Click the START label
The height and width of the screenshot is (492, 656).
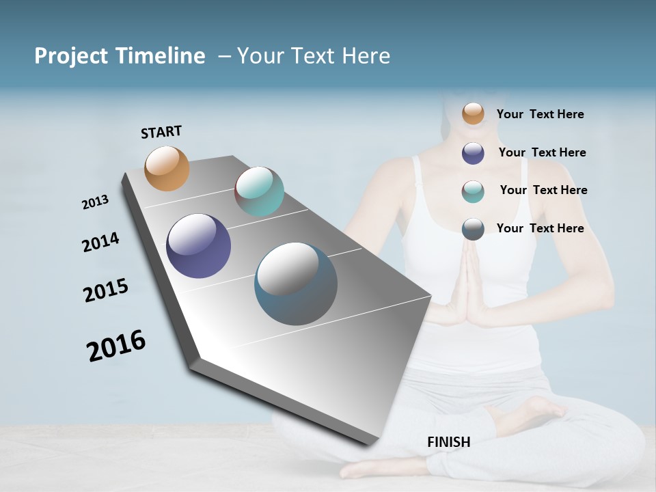(161, 132)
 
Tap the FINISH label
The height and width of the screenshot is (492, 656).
(448, 442)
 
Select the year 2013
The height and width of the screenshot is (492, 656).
(95, 202)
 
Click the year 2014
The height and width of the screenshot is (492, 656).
(100, 242)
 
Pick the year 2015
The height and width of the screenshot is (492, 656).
(105, 290)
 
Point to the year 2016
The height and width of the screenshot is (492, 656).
(116, 345)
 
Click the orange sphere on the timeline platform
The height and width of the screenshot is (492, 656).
(167, 168)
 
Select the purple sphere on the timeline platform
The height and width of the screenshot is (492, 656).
(198, 246)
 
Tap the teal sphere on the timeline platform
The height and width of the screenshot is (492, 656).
(259, 191)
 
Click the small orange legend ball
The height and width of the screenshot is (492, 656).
(473, 113)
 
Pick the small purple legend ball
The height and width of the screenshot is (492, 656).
(473, 153)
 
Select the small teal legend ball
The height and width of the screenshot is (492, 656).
(473, 191)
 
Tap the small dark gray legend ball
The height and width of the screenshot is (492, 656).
(473, 229)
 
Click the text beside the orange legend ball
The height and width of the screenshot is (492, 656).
(540, 114)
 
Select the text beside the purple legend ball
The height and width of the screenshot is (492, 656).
(542, 152)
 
